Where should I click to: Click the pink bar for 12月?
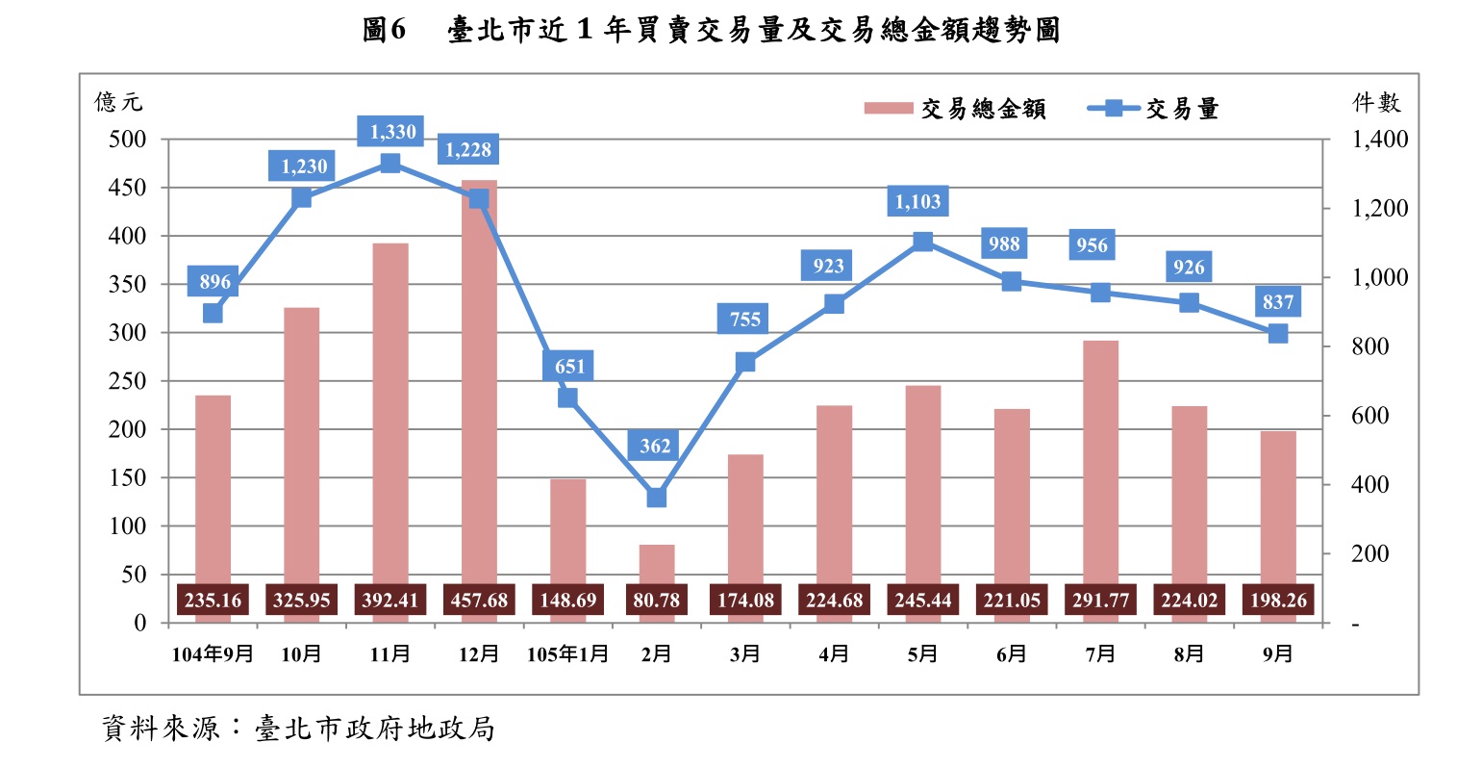pyautogui.click(x=479, y=385)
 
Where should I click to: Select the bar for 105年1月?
pyautogui.click(x=567, y=529)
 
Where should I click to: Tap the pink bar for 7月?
pyautogui.click(x=1100, y=462)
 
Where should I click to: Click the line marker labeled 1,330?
pyautogui.click(x=390, y=164)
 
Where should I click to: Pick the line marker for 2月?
pyautogui.click(x=657, y=498)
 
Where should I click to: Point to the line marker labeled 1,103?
pyautogui.click(x=923, y=242)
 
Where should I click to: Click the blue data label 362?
pyautogui.click(x=656, y=446)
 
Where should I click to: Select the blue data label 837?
pyautogui.click(x=1278, y=302)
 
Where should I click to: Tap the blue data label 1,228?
pyautogui.click(x=468, y=150)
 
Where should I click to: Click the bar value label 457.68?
pyautogui.click(x=479, y=601)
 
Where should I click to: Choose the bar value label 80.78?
pyautogui.click(x=657, y=601)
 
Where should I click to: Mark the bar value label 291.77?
pyautogui.click(x=1100, y=601)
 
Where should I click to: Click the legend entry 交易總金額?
pyautogui.click(x=955, y=109)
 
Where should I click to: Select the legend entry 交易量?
pyautogui.click(x=1154, y=109)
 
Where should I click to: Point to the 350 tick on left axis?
pyautogui.click(x=127, y=285)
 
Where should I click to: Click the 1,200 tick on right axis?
pyautogui.click(x=1379, y=209)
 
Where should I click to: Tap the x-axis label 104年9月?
pyautogui.click(x=213, y=654)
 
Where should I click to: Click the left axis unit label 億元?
pyautogui.click(x=118, y=102)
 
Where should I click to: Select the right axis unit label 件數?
pyautogui.click(x=1376, y=102)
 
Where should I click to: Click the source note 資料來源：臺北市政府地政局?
pyautogui.click(x=298, y=729)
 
